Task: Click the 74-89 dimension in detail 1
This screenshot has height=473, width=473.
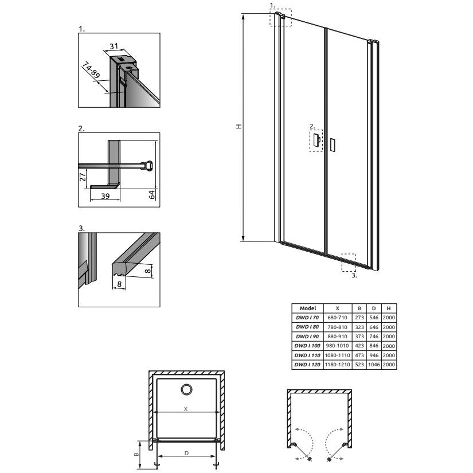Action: [x=91, y=71]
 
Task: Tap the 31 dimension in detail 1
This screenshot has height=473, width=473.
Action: [x=114, y=46]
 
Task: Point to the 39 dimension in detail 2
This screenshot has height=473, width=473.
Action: [x=105, y=196]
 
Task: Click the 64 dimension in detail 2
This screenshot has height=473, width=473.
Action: [x=152, y=194]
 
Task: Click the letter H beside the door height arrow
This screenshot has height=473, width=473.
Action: [x=239, y=126]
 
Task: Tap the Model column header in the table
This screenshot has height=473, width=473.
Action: [x=308, y=308]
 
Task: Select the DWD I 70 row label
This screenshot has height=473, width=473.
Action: [x=307, y=318]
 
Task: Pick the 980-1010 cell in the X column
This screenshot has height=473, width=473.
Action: [x=337, y=346]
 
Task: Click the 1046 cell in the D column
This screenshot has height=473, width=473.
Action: [x=374, y=365]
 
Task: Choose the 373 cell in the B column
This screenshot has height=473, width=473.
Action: [x=359, y=337]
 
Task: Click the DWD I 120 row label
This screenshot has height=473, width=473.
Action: [x=307, y=365]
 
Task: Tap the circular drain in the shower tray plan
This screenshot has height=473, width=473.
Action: [x=187, y=389]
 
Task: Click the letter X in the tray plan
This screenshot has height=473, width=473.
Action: [x=186, y=409]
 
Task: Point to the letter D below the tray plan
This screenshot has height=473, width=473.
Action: [x=186, y=453]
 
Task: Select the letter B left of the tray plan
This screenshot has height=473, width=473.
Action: [x=136, y=454]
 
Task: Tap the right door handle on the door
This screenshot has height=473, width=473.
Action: [x=333, y=145]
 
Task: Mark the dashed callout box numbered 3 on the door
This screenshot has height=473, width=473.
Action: [x=349, y=263]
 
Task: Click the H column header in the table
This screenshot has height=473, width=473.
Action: [x=389, y=308]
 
